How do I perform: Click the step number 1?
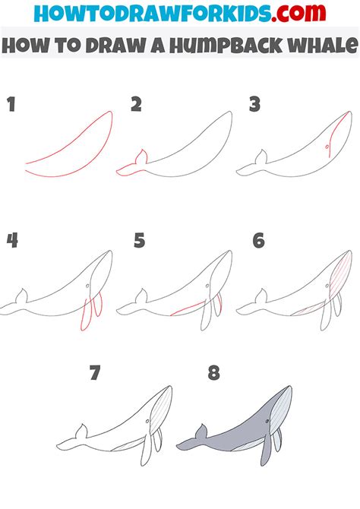11,105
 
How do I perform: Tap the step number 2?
136,105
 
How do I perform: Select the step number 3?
255,105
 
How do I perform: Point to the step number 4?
12,242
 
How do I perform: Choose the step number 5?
139,242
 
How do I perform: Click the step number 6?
259,242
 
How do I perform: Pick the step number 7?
95,373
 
